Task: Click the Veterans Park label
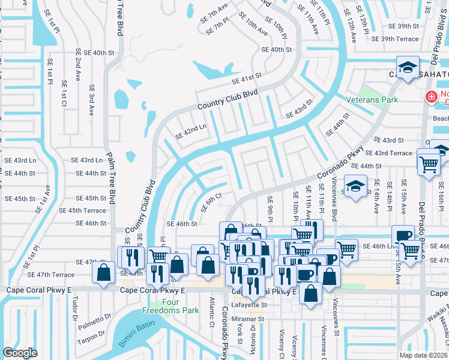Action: tap(372, 99)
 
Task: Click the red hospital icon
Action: tap(430, 97)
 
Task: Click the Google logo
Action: tap(20, 353)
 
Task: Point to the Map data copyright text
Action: tap(423, 355)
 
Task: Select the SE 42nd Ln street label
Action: tap(190, 131)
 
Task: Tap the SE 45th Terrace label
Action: tap(86, 211)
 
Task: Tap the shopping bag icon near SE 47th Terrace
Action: tap(104, 272)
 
